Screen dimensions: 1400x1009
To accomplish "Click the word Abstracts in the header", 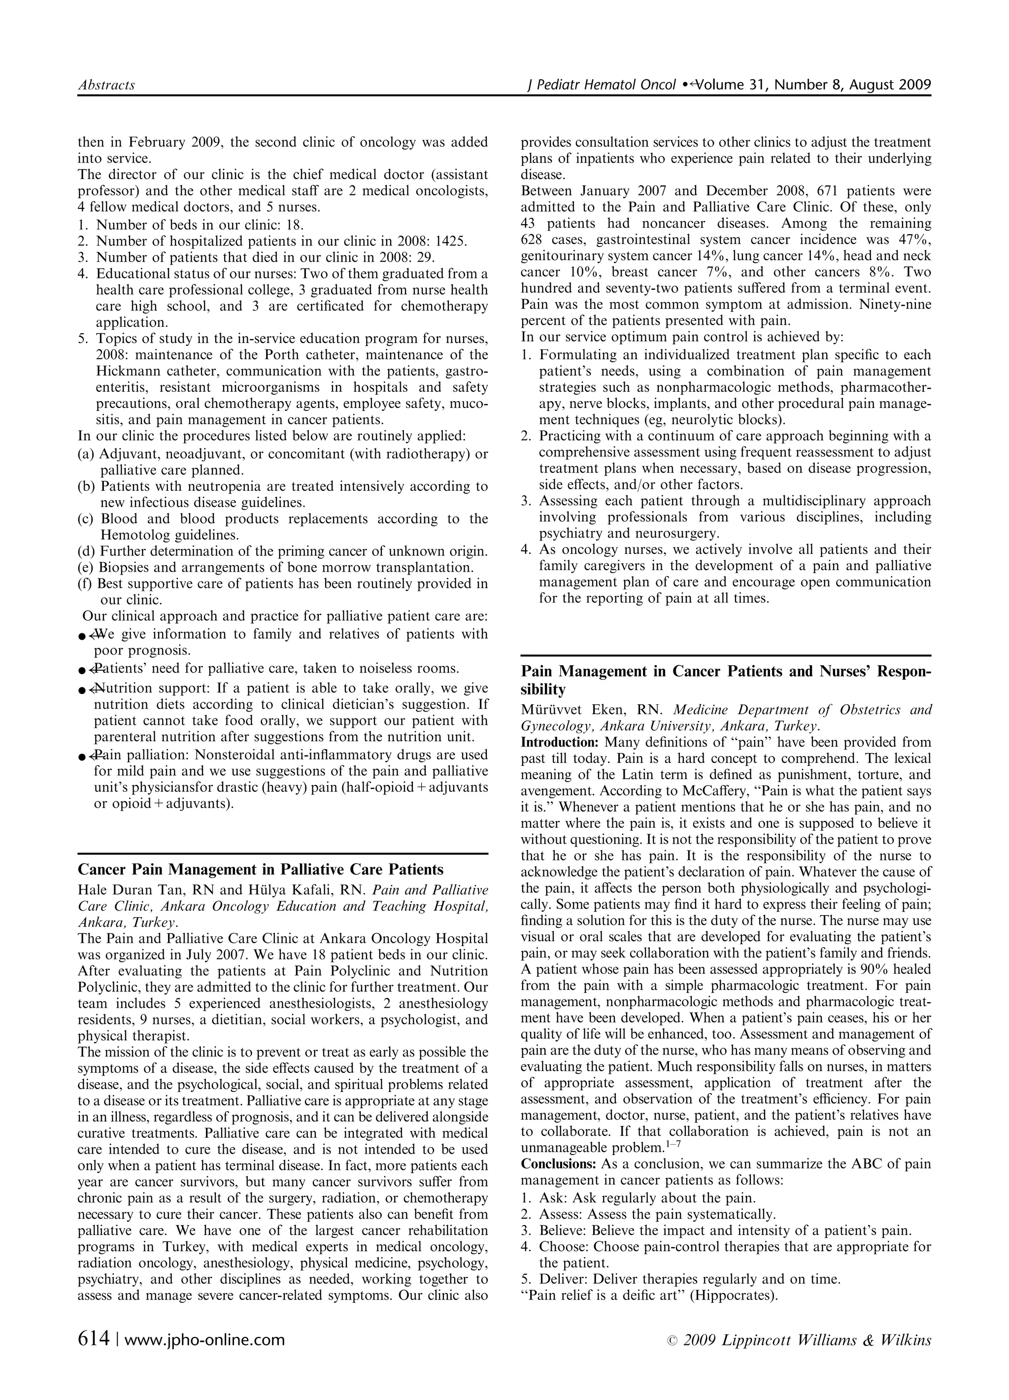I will [x=106, y=85].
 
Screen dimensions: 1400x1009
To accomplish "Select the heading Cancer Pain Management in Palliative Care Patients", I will [x=261, y=870].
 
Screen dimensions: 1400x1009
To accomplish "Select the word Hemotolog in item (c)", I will [x=135, y=535].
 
